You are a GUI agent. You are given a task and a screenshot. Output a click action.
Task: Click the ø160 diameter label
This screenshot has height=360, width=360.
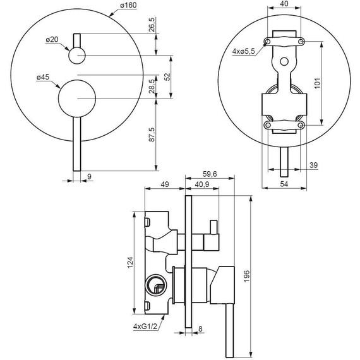tap(128, 5)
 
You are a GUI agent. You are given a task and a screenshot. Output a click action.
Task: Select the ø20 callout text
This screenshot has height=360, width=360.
tap(52, 40)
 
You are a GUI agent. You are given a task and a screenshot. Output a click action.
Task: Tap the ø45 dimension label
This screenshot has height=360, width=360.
tap(43, 77)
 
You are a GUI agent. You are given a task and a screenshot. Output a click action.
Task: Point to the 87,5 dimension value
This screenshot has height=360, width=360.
tap(152, 135)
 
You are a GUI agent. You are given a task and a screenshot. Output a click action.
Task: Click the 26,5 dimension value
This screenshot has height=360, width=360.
tap(152, 25)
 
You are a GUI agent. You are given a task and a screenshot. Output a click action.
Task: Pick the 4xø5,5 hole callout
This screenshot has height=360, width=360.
tap(244, 51)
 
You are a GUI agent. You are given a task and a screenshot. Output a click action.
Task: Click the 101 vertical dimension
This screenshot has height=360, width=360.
tap(317, 83)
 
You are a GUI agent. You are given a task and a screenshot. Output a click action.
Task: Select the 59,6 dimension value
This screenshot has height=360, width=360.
tap(210, 174)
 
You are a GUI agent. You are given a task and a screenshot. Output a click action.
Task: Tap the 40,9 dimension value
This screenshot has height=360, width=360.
tap(202, 184)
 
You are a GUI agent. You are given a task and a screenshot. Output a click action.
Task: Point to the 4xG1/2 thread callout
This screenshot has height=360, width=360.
tap(145, 327)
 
